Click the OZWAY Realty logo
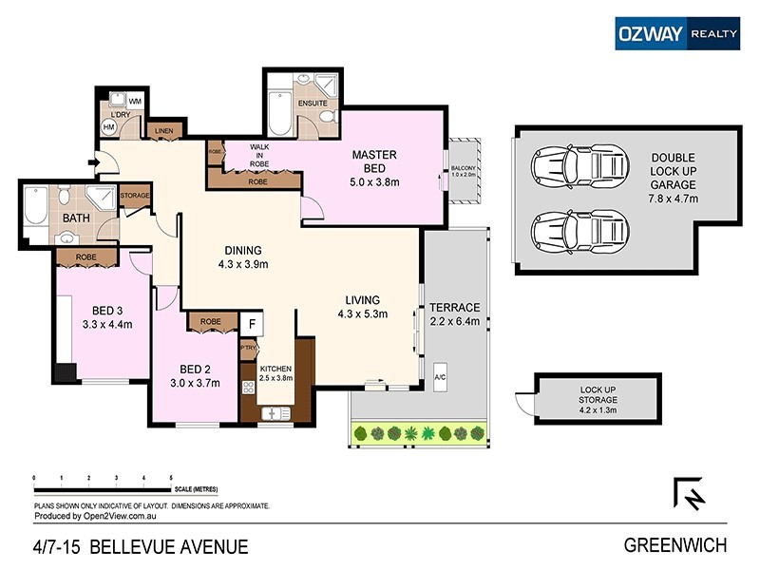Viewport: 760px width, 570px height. tap(676, 32)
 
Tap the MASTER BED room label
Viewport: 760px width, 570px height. tap(373, 161)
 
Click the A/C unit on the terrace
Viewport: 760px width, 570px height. tap(441, 375)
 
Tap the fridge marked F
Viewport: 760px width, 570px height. tap(251, 325)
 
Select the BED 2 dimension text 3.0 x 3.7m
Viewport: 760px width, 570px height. tap(195, 384)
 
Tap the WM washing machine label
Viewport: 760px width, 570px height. tap(135, 101)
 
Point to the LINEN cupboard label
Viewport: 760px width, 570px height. tap(162, 130)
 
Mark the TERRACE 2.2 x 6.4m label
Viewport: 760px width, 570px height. tap(455, 313)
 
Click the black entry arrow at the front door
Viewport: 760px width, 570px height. tap(93, 161)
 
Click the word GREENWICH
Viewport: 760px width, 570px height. tap(674, 545)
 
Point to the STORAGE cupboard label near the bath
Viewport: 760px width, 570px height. tap(134, 196)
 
